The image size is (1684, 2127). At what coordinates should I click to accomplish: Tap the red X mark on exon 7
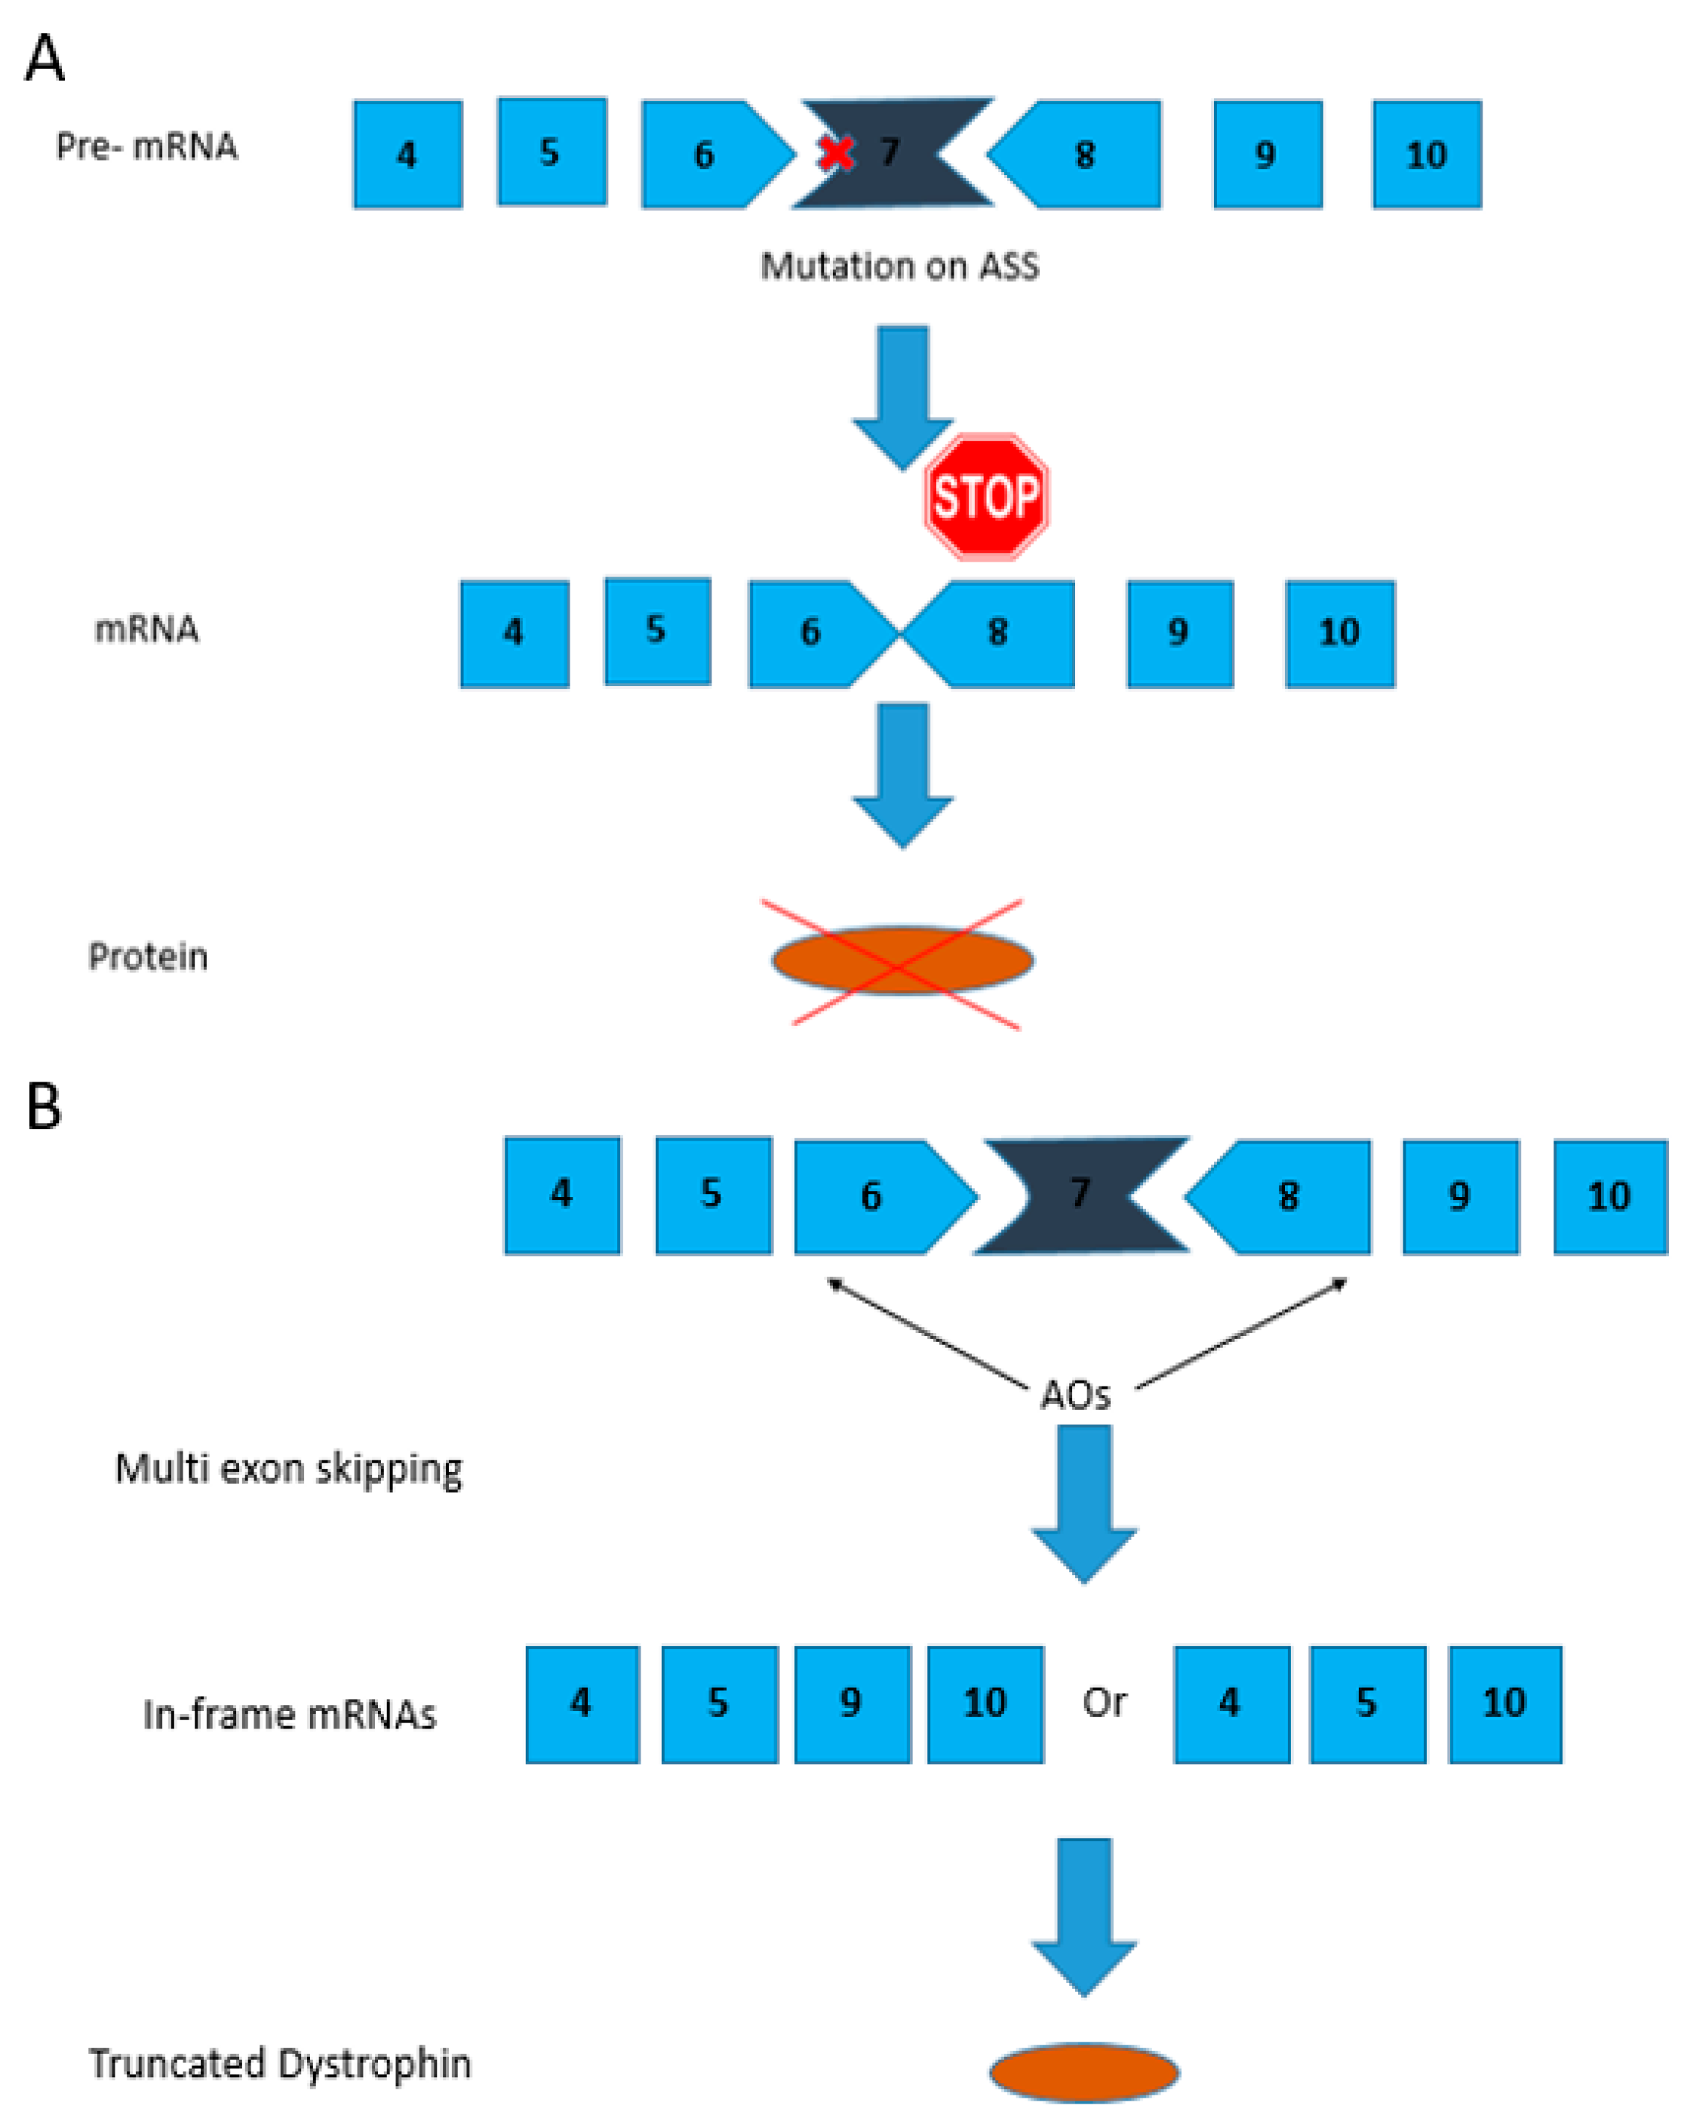(837, 152)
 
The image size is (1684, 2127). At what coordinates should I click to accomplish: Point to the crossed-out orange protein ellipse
(902, 959)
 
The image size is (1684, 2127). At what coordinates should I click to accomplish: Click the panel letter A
(45, 59)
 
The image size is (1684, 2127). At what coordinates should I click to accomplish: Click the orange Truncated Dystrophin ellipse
(1083, 2072)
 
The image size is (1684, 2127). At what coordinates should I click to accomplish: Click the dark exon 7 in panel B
(1080, 1195)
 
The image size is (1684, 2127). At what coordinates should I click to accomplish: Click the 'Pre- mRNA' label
(146, 146)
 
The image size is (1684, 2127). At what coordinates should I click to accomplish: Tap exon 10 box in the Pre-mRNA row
(1426, 154)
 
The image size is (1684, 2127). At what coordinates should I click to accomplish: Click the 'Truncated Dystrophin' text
(280, 2063)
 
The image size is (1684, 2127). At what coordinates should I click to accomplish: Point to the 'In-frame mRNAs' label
(289, 1715)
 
